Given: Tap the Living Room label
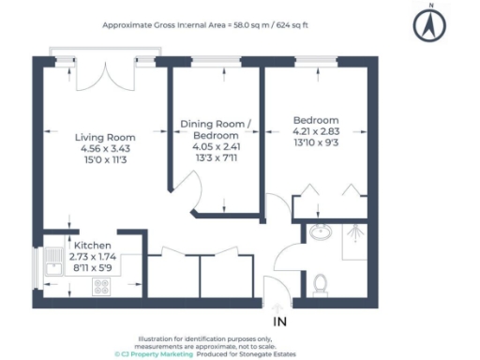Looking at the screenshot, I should pyautogui.click(x=105, y=137).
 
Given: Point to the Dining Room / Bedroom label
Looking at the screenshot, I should pyautogui.click(x=217, y=130).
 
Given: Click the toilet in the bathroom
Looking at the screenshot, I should pyautogui.click(x=320, y=281).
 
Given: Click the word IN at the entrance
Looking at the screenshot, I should pyautogui.click(x=278, y=322).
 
